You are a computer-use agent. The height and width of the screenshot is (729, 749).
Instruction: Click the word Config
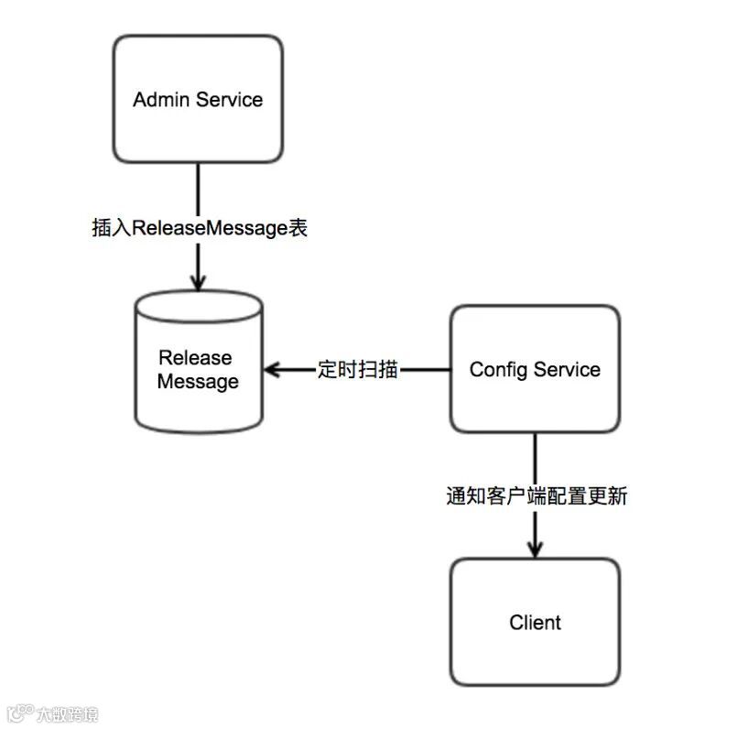(x=498, y=370)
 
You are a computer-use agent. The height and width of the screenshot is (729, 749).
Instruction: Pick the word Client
(x=535, y=623)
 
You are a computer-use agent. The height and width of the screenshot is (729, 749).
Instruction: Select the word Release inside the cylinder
(x=195, y=357)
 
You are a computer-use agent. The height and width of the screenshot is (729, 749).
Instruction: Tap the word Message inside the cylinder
(x=198, y=381)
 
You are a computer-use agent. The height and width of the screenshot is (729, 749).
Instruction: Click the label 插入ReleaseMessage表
(x=200, y=228)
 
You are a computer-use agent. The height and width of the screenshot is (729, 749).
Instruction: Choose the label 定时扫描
(x=357, y=370)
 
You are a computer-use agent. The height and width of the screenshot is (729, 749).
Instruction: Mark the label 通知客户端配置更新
(x=536, y=496)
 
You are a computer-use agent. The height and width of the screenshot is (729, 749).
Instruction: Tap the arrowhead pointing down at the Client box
(x=535, y=547)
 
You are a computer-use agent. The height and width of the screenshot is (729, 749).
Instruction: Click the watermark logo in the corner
(x=18, y=713)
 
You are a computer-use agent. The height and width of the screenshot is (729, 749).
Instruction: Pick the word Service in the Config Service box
(x=568, y=370)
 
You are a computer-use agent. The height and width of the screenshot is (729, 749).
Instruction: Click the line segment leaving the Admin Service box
(x=198, y=188)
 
